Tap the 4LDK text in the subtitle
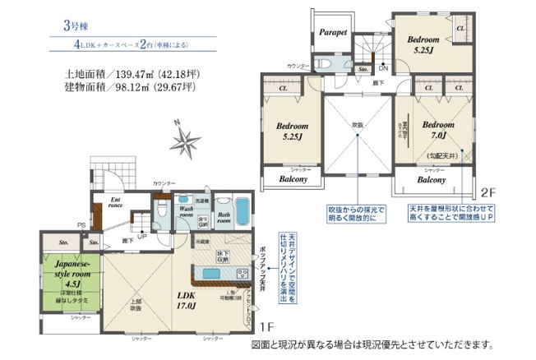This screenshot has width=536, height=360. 88,48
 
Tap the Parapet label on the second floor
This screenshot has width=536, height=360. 333,32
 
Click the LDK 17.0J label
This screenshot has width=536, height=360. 186,302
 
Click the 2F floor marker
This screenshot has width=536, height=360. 489,192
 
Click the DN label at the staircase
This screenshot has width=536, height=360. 384,68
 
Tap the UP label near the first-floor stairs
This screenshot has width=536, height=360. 143,236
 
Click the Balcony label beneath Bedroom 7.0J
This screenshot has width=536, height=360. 431,179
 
